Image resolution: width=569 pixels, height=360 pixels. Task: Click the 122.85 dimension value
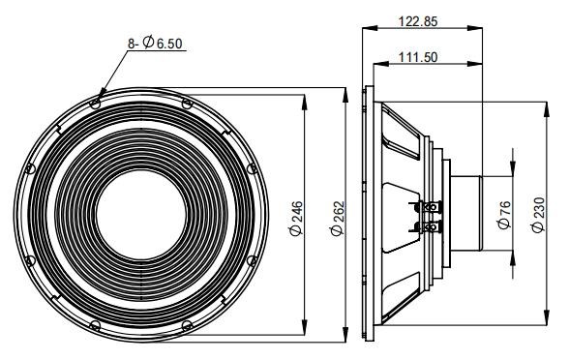click(x=418, y=21)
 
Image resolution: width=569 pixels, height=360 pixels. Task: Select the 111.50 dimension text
click(x=418, y=57)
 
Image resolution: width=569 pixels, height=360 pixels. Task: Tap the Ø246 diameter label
click(x=296, y=219)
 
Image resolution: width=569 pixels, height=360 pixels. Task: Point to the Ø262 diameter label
click(x=337, y=219)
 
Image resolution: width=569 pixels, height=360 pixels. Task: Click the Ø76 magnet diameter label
click(x=504, y=215)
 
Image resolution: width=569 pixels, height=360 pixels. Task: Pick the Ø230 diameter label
click(x=538, y=215)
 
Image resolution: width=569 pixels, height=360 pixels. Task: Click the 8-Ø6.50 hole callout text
click(x=155, y=43)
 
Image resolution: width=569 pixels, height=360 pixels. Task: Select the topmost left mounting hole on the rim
click(x=95, y=105)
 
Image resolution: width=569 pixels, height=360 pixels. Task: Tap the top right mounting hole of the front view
click(x=187, y=105)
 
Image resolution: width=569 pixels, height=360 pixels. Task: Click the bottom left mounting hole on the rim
click(x=95, y=325)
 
